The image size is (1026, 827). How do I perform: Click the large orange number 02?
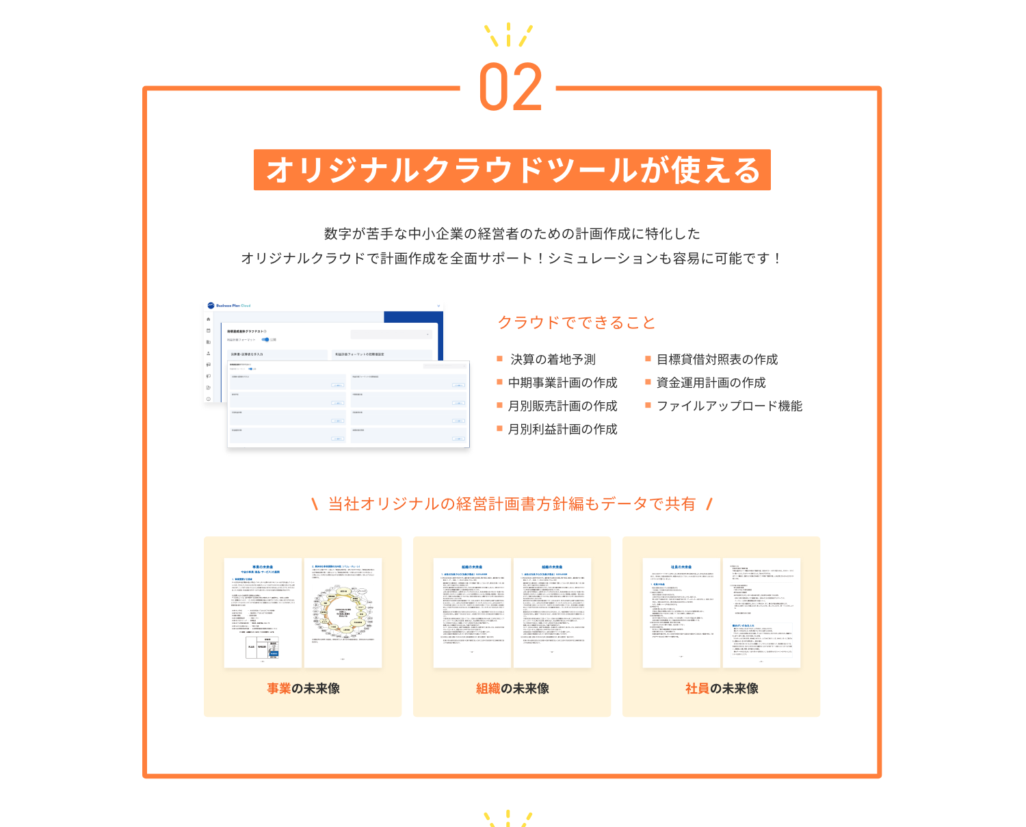[510, 88]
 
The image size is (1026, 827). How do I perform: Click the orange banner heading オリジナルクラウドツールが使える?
[512, 170]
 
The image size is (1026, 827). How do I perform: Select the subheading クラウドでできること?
[577, 323]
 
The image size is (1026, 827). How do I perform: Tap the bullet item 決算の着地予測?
[553, 360]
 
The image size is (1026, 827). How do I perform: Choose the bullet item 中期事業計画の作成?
[562, 383]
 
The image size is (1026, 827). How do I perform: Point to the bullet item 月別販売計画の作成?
[562, 406]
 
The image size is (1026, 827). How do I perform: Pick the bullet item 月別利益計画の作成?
[562, 430]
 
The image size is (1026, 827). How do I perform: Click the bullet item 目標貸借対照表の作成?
[717, 360]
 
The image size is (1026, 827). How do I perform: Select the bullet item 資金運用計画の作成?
[711, 383]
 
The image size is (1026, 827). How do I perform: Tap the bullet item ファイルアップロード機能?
[729, 406]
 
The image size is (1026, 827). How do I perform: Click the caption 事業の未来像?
[303, 689]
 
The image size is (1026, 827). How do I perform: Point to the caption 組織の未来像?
[512, 689]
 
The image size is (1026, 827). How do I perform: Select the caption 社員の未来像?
[722, 689]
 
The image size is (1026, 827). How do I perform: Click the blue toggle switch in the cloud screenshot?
[265, 339]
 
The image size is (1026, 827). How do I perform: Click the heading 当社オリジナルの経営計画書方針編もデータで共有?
[512, 504]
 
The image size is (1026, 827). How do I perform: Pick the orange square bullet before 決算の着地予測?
[500, 358]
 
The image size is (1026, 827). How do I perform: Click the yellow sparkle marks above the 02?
[508, 34]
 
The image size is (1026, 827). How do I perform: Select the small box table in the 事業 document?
[263, 647]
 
